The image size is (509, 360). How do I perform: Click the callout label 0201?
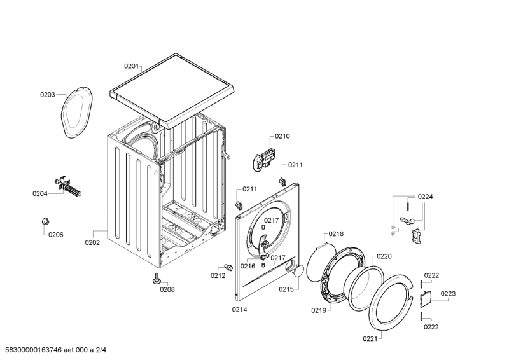tap(131, 65)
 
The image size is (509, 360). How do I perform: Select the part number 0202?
tap(93, 242)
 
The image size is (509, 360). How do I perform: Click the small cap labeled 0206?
tap(46, 220)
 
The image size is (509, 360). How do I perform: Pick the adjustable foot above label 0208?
tap(155, 277)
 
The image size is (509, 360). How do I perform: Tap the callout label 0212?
tap(218, 275)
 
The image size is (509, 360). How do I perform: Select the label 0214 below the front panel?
tap(239, 309)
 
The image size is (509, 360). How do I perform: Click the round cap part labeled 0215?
tap(296, 272)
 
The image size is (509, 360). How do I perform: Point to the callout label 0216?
tap(248, 266)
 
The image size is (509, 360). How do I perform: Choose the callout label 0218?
tap(336, 234)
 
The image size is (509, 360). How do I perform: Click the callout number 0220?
tap(384, 256)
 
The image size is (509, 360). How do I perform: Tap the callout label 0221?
tap(370, 339)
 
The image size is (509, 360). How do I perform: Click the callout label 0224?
tap(426, 197)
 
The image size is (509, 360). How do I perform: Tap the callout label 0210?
tap(282, 136)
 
